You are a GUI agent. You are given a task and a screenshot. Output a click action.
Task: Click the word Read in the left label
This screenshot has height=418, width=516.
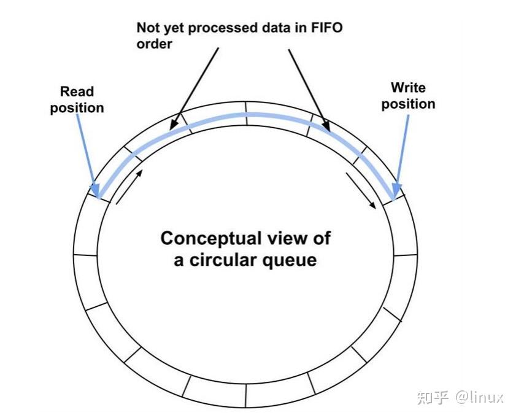(x=77, y=91)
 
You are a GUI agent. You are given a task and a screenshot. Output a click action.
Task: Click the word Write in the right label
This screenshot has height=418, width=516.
(x=408, y=87)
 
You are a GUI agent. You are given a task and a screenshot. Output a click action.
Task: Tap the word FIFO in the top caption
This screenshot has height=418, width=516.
(x=327, y=28)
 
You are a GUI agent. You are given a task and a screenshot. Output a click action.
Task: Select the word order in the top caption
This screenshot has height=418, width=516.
(x=154, y=44)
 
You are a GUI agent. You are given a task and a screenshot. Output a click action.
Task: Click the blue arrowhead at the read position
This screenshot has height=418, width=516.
(x=94, y=190)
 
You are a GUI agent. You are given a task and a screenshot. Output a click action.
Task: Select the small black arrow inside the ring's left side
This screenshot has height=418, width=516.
(x=129, y=187)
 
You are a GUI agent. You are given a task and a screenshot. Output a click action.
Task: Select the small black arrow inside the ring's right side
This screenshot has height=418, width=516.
(x=361, y=190)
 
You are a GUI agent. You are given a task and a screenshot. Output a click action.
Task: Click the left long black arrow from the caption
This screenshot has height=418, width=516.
(x=194, y=89)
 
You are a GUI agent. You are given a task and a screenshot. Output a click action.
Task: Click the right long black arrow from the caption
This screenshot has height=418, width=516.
(x=309, y=90)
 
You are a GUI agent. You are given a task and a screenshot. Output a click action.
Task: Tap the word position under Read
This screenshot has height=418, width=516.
(x=77, y=108)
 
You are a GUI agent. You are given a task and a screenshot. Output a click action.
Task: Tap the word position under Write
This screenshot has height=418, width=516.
(x=408, y=104)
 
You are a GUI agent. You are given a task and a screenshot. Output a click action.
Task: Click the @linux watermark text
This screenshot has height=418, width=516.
(x=479, y=397)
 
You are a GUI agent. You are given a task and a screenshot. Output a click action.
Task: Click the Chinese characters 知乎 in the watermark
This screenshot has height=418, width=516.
(x=433, y=397)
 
